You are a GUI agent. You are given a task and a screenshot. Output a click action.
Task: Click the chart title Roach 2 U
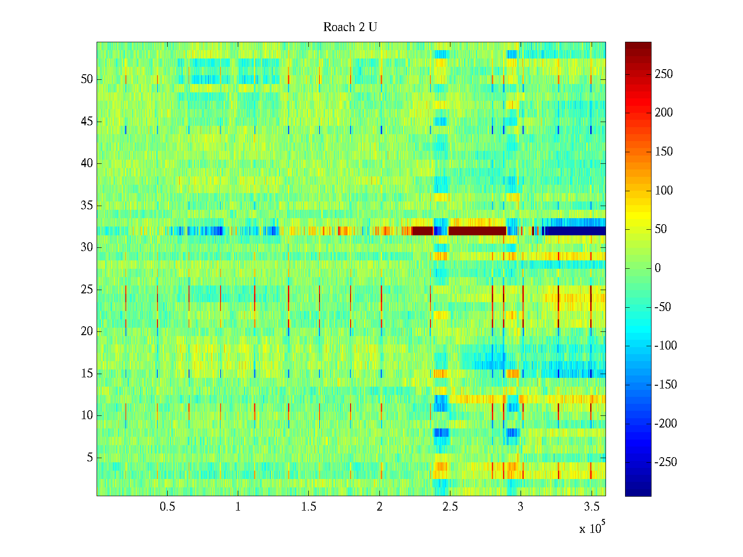350,27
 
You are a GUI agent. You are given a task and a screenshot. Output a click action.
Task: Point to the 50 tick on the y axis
87,79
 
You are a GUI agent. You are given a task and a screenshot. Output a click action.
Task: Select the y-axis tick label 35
87,206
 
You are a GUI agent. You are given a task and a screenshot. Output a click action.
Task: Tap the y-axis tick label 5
90,458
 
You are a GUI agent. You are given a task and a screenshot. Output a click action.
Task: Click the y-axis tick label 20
87,331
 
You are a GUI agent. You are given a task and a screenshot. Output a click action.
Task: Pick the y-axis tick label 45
87,122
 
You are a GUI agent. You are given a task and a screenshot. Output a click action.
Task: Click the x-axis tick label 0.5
167,507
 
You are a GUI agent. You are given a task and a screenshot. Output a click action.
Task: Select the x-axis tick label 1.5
308,507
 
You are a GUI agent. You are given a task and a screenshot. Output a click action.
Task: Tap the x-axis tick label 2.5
450,507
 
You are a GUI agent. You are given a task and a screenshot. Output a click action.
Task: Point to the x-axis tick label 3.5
591,507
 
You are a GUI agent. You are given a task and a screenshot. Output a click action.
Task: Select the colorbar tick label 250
664,74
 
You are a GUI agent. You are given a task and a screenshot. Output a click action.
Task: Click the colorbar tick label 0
658,268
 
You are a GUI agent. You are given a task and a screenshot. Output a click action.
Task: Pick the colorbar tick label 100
664,191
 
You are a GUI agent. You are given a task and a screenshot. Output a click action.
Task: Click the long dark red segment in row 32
477,231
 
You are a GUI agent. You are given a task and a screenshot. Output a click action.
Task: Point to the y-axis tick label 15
87,374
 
